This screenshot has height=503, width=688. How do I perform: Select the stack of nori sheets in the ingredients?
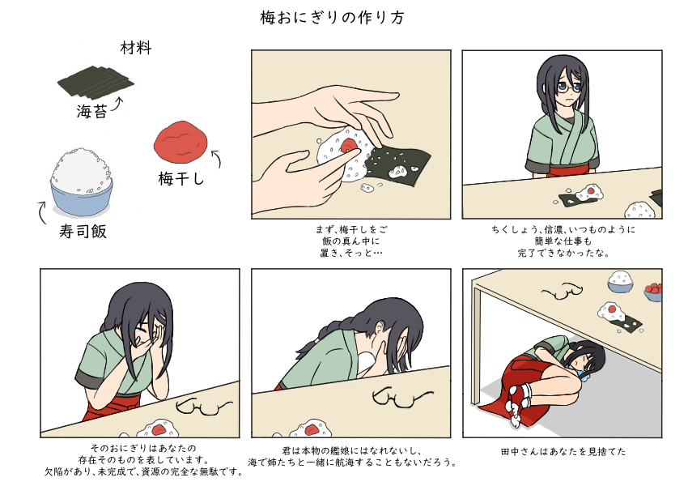pyautogui.click(x=96, y=81)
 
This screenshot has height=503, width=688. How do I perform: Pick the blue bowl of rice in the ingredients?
pyautogui.click(x=81, y=182)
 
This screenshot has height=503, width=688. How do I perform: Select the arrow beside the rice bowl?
pyautogui.click(x=43, y=213)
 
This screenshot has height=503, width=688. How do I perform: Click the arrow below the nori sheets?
pyautogui.click(x=120, y=103)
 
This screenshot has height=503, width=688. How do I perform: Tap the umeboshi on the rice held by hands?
pyautogui.click(x=350, y=146)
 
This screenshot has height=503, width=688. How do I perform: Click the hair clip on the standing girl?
pyautogui.click(x=580, y=79)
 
